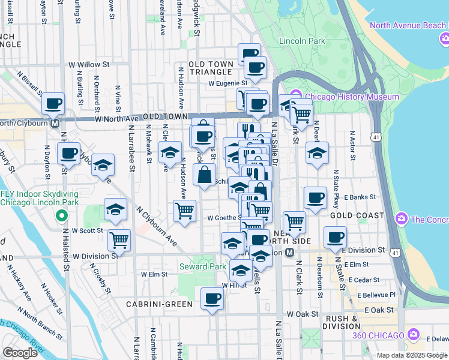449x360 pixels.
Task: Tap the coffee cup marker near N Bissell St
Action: [x=53, y=103]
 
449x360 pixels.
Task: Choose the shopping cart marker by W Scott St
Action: [x=119, y=240]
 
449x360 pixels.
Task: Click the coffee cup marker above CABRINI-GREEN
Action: [x=211, y=298]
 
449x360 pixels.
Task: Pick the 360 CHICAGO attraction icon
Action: [x=413, y=334]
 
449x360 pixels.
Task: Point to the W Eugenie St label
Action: [x=228, y=83]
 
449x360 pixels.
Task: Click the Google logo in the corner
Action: [x=20, y=353]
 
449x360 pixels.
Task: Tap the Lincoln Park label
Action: [x=303, y=41]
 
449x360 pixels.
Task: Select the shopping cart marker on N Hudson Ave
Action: [x=184, y=211]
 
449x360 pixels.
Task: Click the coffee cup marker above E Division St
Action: [x=335, y=236]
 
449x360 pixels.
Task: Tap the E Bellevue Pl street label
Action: [x=376, y=295]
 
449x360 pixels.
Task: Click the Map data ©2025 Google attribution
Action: [x=412, y=355]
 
